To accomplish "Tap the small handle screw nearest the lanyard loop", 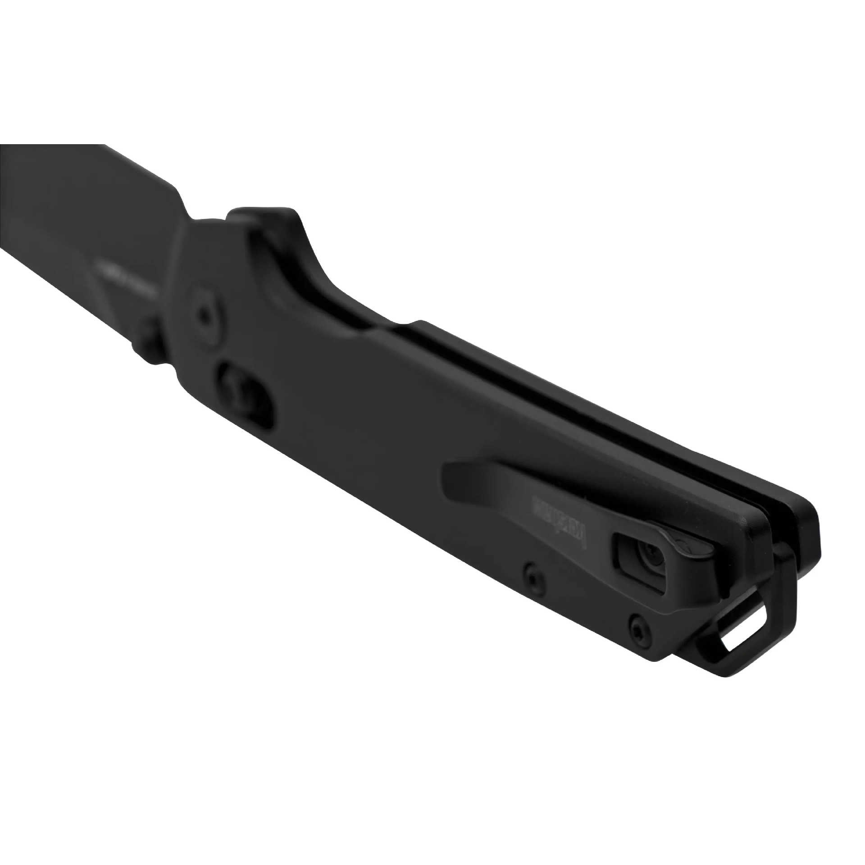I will [636, 624].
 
